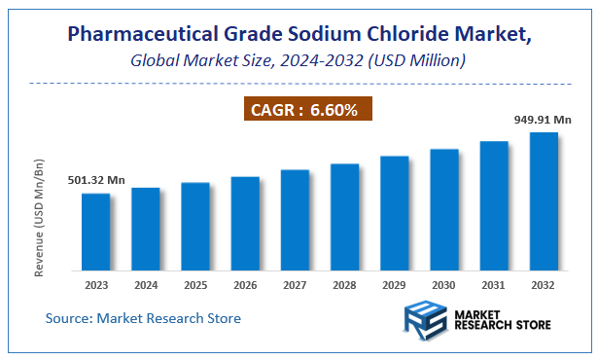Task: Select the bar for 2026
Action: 245,223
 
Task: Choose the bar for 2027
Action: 295,220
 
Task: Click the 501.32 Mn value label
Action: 96,180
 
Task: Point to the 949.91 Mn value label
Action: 544,120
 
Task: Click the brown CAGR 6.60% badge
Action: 300,110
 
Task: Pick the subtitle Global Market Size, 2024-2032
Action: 299,60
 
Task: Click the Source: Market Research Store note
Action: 143,318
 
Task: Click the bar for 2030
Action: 443,209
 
